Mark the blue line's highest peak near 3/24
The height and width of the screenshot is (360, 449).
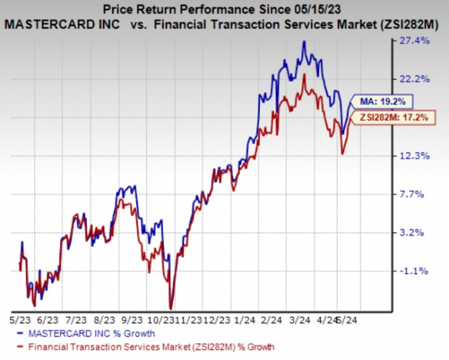point(305,42)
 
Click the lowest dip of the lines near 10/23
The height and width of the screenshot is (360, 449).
point(171,306)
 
